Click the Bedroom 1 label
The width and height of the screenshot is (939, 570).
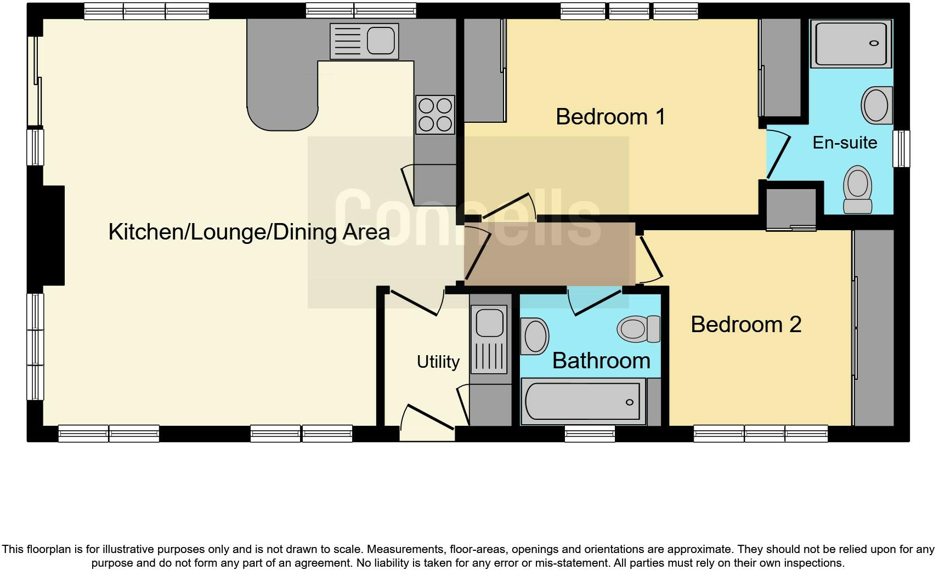[610, 117]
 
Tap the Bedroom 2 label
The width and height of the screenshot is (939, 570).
[745, 324]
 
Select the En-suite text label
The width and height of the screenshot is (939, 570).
[844, 142]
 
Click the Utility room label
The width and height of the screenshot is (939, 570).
[438, 362]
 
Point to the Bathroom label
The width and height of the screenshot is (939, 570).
[601, 361]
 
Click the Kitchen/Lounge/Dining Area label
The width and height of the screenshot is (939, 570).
[249, 232]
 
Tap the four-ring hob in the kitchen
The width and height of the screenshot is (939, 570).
[435, 115]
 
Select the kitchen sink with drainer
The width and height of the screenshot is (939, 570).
[364, 41]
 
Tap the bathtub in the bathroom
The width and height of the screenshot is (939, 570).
[583, 402]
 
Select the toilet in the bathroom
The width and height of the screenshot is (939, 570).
[638, 329]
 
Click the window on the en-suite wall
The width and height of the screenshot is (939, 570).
[901, 148]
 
